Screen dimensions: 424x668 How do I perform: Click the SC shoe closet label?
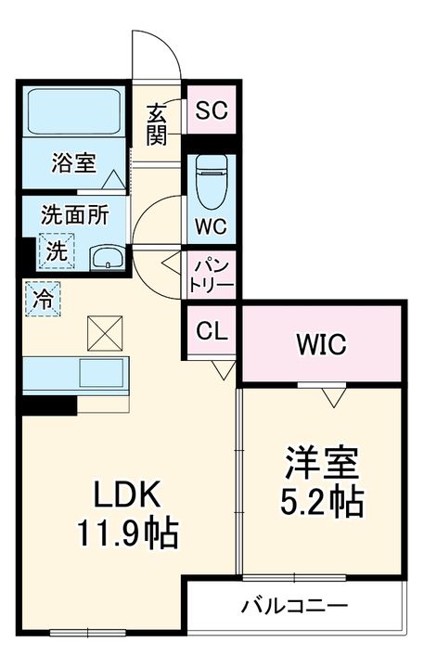coord(212,110)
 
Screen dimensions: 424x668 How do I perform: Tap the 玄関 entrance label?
coord(157,124)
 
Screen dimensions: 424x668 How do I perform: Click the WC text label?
coord(212,226)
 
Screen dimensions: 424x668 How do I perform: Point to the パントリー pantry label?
coord(212,276)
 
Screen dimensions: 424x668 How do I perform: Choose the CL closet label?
coord(212,331)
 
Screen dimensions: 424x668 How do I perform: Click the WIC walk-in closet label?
coord(322,344)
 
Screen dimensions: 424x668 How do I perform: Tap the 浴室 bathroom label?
coord(73,162)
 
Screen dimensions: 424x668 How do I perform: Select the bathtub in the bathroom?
coord(74,112)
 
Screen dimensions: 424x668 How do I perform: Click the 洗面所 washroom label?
coord(75,215)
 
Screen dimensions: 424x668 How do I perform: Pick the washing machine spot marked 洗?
coord(58,250)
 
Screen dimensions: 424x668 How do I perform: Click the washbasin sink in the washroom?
coord(108,257)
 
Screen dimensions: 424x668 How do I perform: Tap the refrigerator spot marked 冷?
coord(43,299)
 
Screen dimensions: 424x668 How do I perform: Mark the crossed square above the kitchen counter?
coord(105,333)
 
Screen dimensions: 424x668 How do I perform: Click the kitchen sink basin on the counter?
coord(104,372)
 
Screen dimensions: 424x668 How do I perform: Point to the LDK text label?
coord(127,495)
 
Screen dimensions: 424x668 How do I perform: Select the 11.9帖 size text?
coord(127,533)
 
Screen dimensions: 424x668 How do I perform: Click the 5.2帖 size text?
coord(322,501)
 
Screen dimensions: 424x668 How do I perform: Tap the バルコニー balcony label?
coord(294,606)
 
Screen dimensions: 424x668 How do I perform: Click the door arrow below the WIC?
coord(334,398)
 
